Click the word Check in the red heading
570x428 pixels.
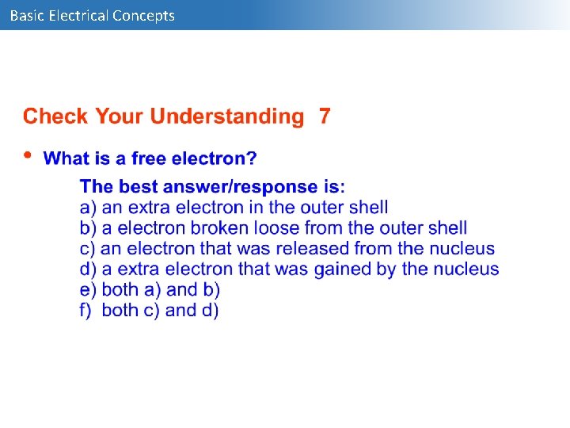coord(56,117)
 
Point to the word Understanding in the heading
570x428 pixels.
coord(227,117)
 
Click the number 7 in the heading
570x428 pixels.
coord(325,117)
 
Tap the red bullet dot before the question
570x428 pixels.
coord(28,155)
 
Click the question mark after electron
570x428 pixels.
coord(252,159)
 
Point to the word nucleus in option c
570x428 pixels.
coord(462,249)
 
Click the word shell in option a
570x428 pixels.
coord(367,208)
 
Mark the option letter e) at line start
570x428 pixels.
coord(88,290)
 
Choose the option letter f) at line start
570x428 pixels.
coord(87,311)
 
